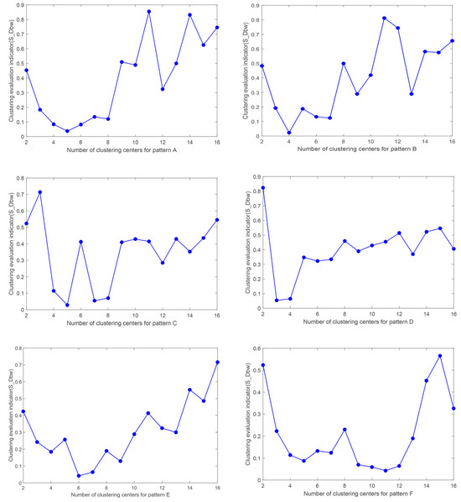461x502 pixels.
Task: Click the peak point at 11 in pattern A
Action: pos(148,12)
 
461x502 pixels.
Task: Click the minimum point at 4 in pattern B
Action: pos(289,133)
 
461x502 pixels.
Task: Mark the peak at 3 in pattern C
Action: pos(40,192)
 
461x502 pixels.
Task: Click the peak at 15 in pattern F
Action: pos(439,356)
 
